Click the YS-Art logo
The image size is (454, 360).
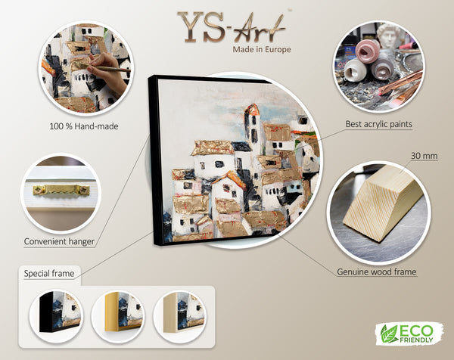232,28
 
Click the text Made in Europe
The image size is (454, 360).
262,49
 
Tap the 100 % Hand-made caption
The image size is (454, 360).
84,126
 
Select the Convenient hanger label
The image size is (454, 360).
59,241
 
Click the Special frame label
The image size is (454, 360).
49,274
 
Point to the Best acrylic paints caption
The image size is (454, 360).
379,124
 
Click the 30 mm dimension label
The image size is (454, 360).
424,156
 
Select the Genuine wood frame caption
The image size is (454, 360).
377,272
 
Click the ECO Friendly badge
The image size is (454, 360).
409,334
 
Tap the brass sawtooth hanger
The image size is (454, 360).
61,190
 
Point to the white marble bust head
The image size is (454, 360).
390,36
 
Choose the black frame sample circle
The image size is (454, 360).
56,317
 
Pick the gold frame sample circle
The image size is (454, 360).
118,317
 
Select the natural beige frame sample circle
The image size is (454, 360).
179,317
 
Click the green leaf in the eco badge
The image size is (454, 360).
389,334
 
